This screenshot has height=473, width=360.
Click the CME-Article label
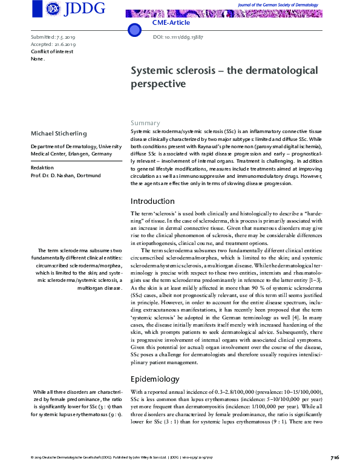[x=171, y=22]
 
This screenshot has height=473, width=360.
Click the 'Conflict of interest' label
[x=51, y=51]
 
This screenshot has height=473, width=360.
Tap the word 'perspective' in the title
[x=159, y=83]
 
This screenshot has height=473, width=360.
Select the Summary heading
[x=145, y=122]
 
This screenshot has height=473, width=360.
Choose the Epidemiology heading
[x=155, y=379]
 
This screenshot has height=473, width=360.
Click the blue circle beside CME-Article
[x=133, y=30]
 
